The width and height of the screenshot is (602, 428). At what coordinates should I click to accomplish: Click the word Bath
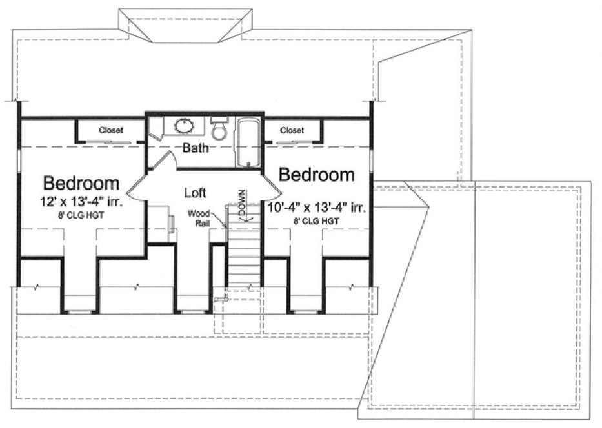pos(195,149)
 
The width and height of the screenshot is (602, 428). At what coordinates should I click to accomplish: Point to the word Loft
pos(195,192)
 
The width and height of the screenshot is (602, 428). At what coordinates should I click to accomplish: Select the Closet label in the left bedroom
pos(111,130)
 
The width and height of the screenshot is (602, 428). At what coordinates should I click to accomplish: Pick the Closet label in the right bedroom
pos(292,130)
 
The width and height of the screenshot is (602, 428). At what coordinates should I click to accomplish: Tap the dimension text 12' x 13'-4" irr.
pos(81,202)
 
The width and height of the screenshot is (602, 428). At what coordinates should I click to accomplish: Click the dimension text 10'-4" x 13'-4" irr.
pos(316,208)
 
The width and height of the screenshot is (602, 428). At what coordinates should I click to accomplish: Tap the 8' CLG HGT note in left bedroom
pos(81,216)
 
